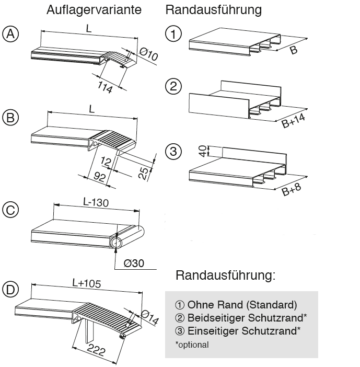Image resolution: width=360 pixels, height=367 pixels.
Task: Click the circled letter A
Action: (10, 35)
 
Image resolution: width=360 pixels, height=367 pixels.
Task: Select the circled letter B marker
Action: (10, 118)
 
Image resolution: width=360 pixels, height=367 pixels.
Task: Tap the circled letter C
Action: (10, 210)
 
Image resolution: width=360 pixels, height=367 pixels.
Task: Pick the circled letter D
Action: (10, 289)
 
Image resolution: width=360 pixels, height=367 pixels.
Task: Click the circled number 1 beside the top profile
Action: (173, 35)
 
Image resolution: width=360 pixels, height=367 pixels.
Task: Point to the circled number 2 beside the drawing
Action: (173, 86)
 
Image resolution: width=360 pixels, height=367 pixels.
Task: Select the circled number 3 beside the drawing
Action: (173, 152)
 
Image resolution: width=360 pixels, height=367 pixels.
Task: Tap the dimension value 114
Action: (105, 87)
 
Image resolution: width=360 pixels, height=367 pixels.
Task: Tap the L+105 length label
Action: (86, 283)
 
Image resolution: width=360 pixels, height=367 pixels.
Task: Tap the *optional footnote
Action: (192, 345)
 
